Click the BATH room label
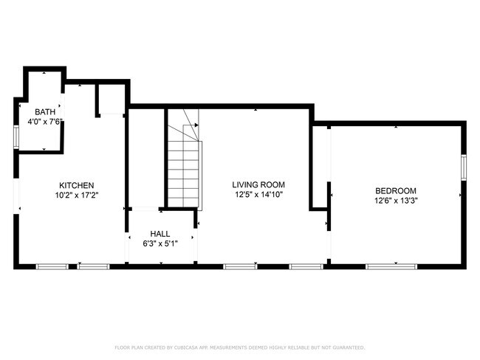44,112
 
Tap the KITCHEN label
77,185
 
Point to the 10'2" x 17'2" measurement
77,195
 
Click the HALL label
160,232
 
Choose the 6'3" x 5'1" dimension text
160,242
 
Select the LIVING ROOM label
258,185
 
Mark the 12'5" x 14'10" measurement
258,195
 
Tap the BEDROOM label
396,190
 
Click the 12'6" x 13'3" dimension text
396,200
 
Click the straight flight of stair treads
183,173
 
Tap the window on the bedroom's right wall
464,167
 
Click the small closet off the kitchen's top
112,100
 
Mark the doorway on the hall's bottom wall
160,264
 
